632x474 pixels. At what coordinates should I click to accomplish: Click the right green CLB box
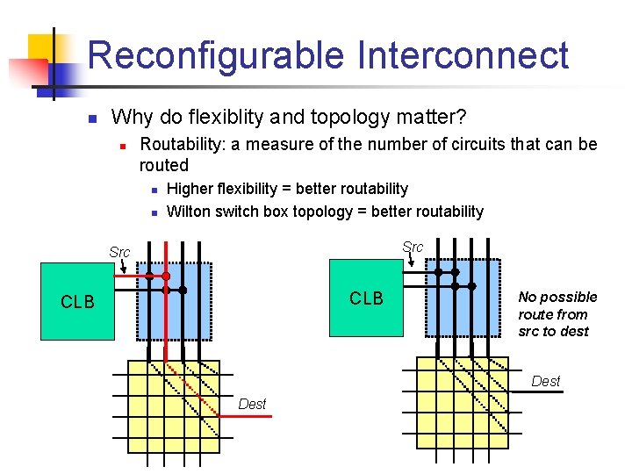366,298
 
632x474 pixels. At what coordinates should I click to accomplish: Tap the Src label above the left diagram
119,253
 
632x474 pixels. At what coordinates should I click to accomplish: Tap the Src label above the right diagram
413,248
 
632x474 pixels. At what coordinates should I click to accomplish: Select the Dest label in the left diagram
252,404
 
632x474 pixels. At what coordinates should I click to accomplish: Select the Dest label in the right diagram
545,381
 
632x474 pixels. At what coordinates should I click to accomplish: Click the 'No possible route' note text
557,313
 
